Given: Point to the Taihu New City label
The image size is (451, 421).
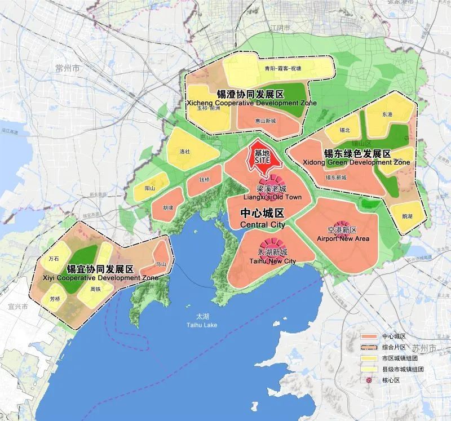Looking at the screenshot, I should click(x=272, y=256).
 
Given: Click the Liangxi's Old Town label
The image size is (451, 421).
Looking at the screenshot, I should click(x=271, y=192).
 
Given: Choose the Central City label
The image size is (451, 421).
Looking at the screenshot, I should click(x=262, y=218).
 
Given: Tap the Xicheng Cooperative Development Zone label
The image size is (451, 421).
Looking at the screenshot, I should click(x=250, y=98).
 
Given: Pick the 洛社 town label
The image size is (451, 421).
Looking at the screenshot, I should click(x=185, y=152).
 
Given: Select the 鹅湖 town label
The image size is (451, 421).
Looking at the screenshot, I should click(x=407, y=216).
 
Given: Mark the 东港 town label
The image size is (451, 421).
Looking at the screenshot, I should click(x=387, y=114).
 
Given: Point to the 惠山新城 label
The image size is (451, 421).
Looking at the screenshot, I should click(x=265, y=121).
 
